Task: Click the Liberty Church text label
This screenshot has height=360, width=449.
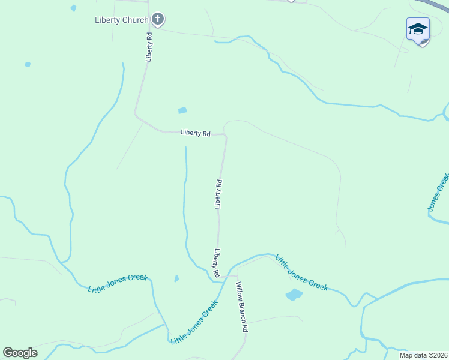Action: tap(121, 20)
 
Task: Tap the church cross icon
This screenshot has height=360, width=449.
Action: tap(158, 20)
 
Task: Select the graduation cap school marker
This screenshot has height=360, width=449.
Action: tap(418, 29)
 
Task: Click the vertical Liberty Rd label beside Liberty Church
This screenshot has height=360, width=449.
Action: tap(149, 47)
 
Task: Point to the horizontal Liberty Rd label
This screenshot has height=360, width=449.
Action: tap(195, 133)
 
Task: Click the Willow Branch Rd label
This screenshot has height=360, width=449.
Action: tap(241, 307)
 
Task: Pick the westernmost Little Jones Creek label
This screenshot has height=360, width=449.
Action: tap(118, 283)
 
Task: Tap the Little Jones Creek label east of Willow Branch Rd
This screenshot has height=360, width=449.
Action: tap(301, 273)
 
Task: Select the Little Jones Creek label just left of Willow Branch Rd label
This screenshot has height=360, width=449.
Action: tap(193, 322)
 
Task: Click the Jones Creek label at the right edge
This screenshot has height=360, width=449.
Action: tap(438, 193)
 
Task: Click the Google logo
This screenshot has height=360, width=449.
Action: tap(20, 353)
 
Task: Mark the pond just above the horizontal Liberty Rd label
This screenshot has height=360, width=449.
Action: tap(182, 110)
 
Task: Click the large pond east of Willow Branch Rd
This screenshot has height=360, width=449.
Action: tap(294, 295)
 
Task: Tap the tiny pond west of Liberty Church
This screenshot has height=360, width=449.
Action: tap(73, 8)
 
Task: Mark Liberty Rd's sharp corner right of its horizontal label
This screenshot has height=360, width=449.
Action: tap(226, 136)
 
